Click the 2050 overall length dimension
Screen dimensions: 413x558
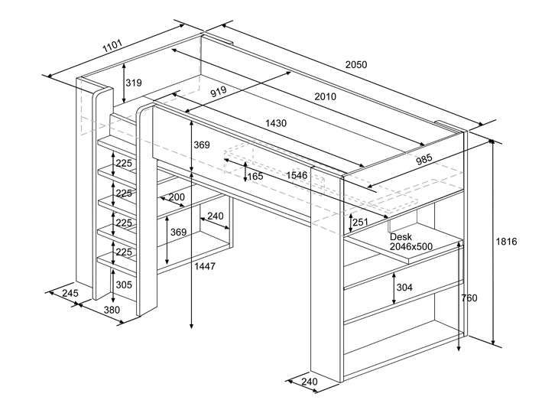pyautogui.click(x=356, y=65)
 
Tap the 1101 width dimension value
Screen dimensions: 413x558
pyautogui.click(x=112, y=47)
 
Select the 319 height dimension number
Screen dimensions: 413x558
pyautogui.click(x=134, y=83)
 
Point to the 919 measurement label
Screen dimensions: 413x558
pyautogui.click(x=219, y=92)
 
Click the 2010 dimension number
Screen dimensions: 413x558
pyautogui.click(x=326, y=96)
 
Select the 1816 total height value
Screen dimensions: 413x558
pyautogui.click(x=506, y=242)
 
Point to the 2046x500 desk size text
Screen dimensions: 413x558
pyautogui.click(x=410, y=247)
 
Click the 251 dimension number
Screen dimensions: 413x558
pyautogui.click(x=360, y=223)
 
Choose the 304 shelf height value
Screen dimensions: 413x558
pyautogui.click(x=404, y=288)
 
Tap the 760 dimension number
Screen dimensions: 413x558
pyautogui.click(x=469, y=298)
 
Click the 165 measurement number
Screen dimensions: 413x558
pyautogui.click(x=255, y=177)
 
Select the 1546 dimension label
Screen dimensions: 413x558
pyautogui.click(x=297, y=175)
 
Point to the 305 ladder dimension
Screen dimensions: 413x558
pyautogui.click(x=124, y=285)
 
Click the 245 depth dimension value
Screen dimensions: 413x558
pyautogui.click(x=70, y=292)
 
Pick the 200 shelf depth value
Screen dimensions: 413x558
pyautogui.click(x=177, y=197)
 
